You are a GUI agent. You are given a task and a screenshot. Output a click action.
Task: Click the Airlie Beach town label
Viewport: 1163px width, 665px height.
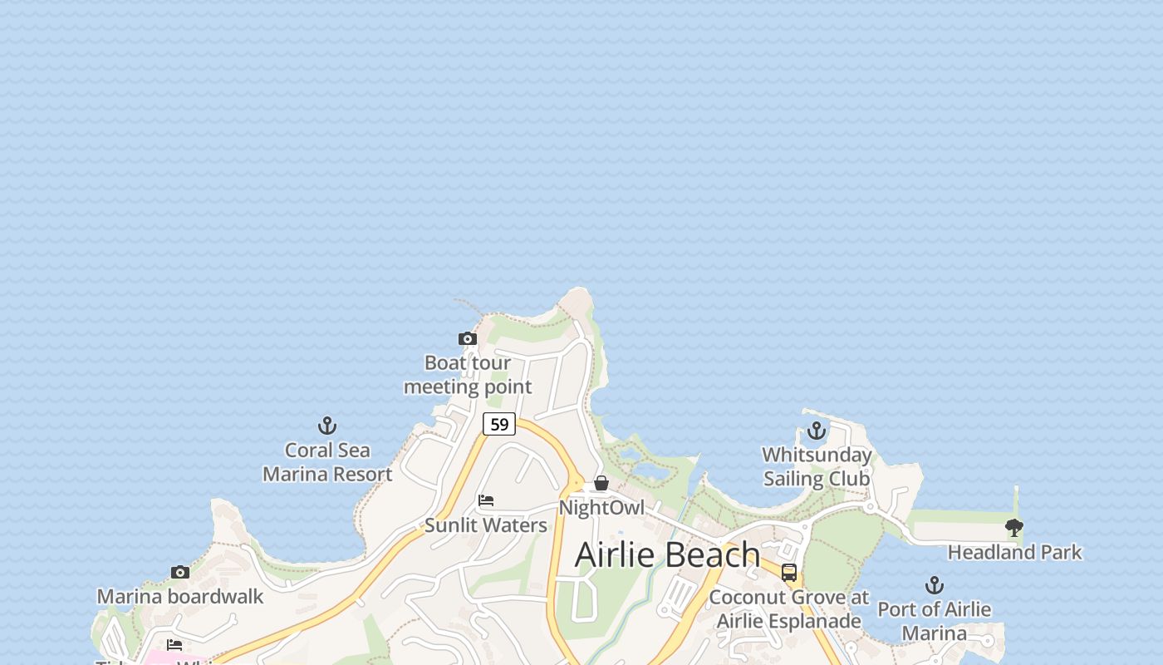point(667,554)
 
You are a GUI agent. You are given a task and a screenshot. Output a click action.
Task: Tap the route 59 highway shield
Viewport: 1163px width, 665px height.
point(499,424)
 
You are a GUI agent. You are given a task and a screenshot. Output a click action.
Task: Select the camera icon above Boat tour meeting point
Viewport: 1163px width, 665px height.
point(468,338)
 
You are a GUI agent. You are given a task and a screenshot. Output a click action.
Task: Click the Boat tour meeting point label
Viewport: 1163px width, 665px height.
point(468,375)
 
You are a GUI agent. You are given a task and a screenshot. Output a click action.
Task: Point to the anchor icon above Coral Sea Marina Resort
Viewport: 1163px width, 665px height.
point(327,426)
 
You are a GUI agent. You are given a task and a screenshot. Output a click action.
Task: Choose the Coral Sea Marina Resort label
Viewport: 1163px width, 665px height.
point(327,462)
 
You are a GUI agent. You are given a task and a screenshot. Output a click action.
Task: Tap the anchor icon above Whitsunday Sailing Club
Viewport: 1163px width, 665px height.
point(817,431)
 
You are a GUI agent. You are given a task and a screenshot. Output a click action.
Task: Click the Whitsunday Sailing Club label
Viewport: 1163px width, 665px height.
point(817,466)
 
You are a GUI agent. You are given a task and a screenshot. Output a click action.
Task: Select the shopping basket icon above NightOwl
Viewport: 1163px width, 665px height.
point(601,483)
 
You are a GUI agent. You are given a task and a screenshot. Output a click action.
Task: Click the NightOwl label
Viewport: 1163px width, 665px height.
point(601,507)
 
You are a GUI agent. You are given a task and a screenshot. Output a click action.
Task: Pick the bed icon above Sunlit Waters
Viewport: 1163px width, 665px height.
point(486,500)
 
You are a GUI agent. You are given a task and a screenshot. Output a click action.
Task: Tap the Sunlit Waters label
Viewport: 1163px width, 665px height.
point(486,525)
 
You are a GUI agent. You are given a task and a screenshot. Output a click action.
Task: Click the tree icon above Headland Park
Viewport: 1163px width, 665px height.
point(1014,527)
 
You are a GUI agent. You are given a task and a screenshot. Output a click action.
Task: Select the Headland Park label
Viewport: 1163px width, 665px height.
point(1014,552)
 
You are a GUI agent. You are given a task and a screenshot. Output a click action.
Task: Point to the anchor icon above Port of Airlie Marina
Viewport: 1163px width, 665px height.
point(935,585)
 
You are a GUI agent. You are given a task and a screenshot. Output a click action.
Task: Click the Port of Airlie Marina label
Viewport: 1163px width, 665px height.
point(935,621)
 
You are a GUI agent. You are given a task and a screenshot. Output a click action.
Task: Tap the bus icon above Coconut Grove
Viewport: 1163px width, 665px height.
point(789,573)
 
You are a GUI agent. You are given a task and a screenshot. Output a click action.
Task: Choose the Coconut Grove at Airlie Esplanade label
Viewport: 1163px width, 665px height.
point(789,608)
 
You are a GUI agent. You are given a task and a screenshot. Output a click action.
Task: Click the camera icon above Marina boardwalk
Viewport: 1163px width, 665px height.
point(180,572)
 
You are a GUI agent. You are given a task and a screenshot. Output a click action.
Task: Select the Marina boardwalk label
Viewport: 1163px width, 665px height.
point(180,596)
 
